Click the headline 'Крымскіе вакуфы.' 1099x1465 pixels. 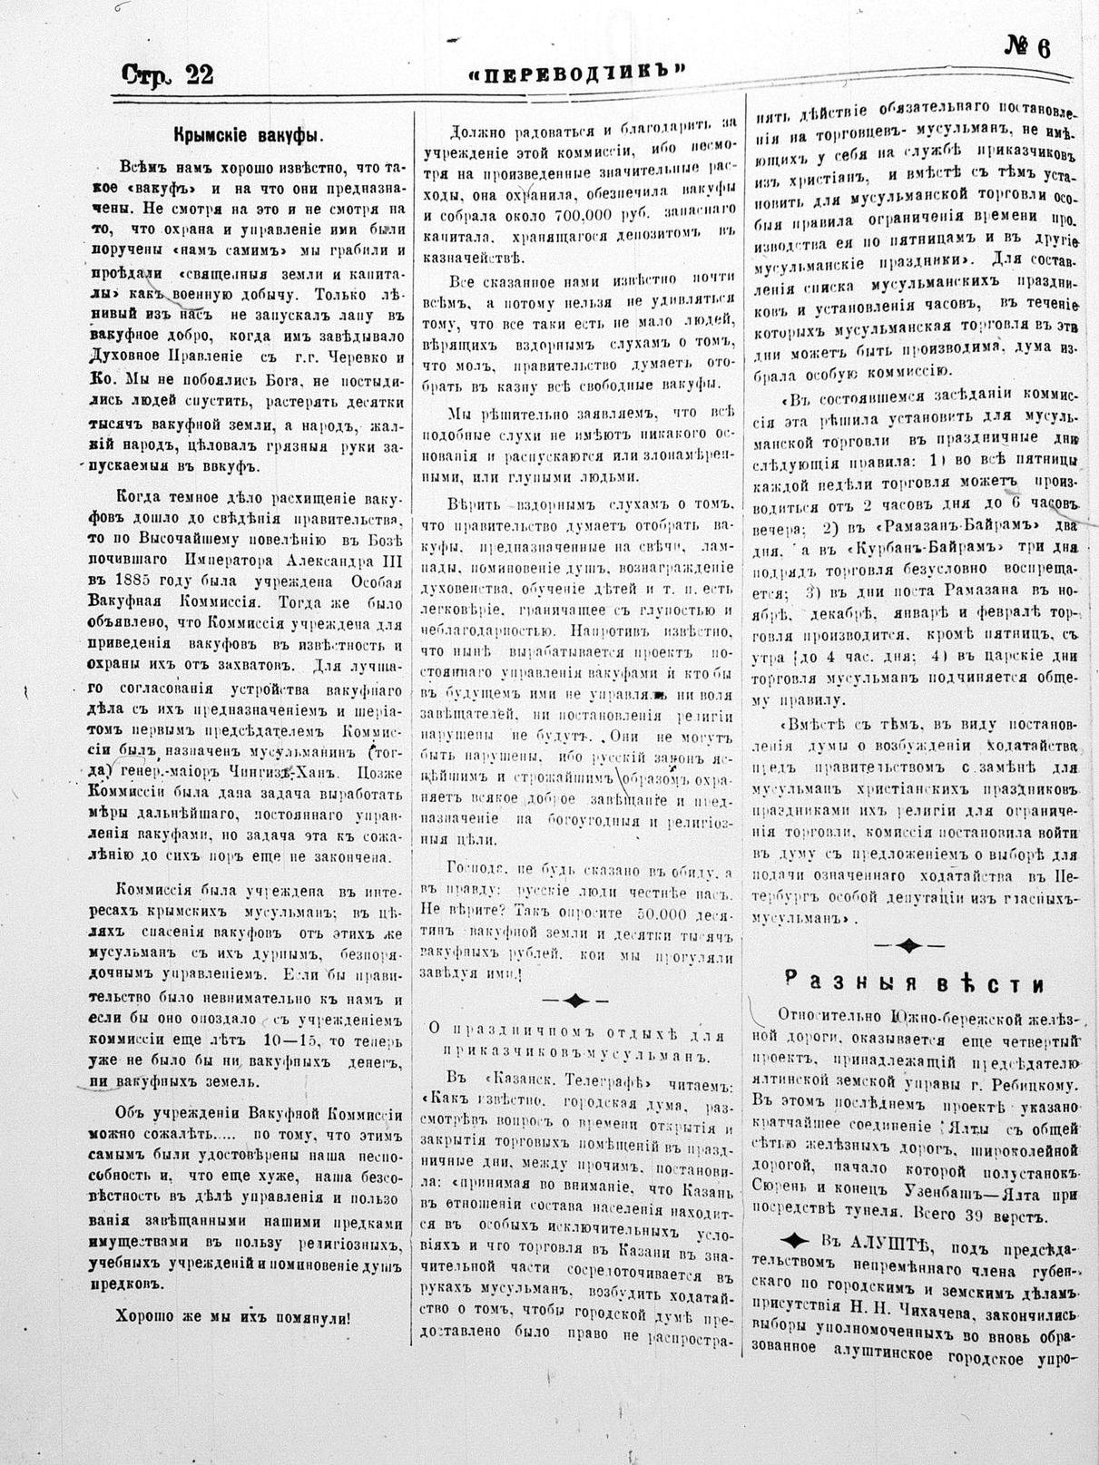click(x=250, y=134)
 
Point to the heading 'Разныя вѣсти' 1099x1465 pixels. click(x=914, y=984)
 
